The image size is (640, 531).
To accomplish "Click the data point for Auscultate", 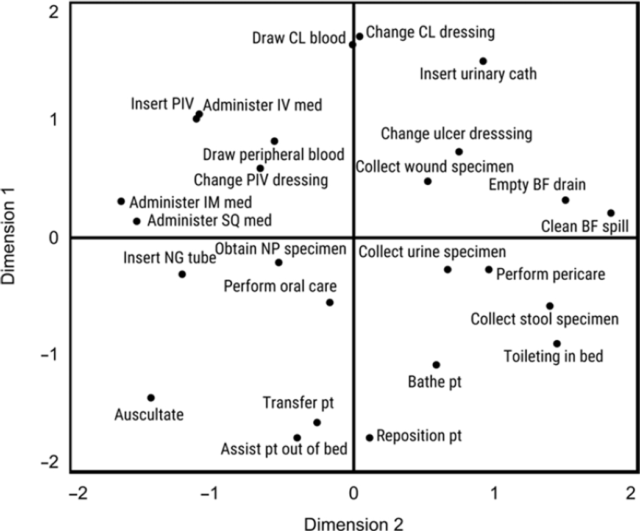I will (x=151, y=397).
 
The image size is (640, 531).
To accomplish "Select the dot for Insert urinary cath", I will (x=483, y=61).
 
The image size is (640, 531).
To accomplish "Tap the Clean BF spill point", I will (x=611, y=213).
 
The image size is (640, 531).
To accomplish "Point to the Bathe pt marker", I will (x=436, y=365).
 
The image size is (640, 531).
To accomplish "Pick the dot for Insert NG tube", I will (x=182, y=274).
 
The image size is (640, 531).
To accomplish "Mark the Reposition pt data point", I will (x=369, y=437).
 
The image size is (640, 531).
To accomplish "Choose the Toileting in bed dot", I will (x=556, y=344).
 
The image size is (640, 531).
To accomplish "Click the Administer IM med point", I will (x=121, y=201).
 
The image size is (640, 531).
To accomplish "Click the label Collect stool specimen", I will (x=544, y=319).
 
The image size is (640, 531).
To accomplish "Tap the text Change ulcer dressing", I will (x=457, y=133).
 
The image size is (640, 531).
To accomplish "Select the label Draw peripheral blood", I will (x=274, y=154).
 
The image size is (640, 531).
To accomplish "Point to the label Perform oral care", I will (x=280, y=285).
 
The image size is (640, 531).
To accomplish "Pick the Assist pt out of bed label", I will (x=284, y=450).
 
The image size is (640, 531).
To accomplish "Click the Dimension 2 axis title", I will (x=354, y=522).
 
